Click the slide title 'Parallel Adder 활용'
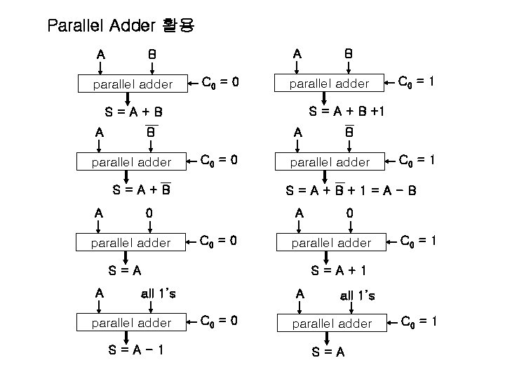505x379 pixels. tap(121, 27)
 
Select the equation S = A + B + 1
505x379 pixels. tap(346, 111)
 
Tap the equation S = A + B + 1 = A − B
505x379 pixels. tap(351, 190)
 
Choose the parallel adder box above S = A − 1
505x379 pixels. tap(131, 323)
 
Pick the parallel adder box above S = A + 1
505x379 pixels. tap(330, 243)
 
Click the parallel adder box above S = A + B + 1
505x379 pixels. tap(330, 84)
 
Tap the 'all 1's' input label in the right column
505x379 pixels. tap(357, 295)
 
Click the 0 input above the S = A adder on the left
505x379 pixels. tap(150, 213)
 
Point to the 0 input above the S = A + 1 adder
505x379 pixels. tap(350, 213)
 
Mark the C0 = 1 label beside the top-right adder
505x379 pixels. tap(417, 82)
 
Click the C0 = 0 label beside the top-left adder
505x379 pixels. tap(220, 83)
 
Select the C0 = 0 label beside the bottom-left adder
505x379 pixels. tap(220, 322)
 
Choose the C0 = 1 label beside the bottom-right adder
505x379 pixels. tap(419, 322)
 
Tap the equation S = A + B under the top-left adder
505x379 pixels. tap(133, 112)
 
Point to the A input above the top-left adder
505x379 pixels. tap(102, 54)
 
